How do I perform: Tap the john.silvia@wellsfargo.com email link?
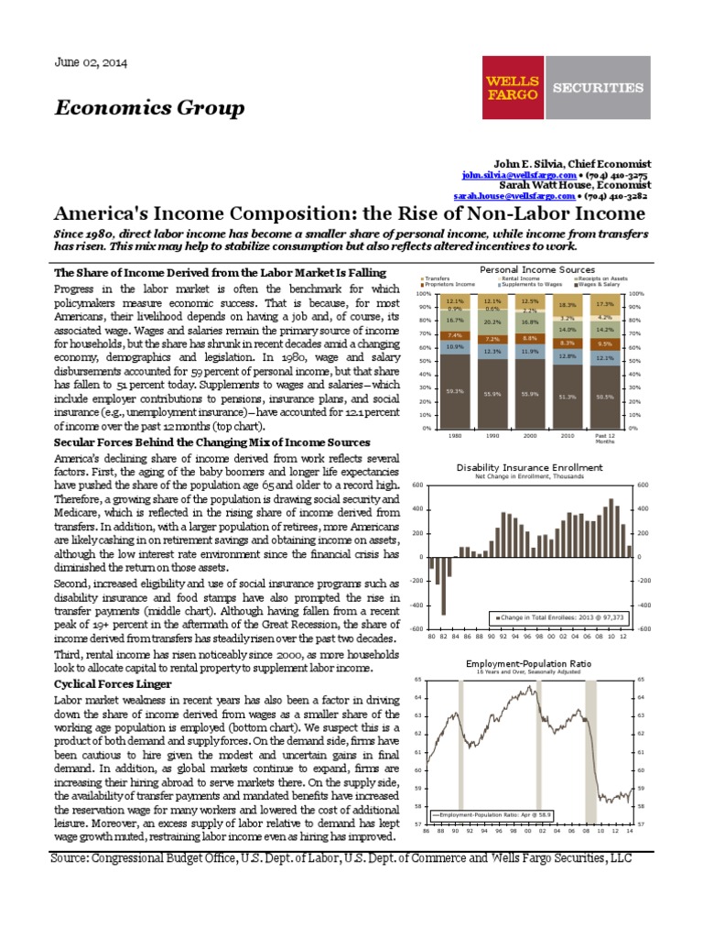pos(519,174)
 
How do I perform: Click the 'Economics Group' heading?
pos(150,109)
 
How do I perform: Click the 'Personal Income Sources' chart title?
pos(537,269)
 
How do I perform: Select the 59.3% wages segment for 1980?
pos(455,391)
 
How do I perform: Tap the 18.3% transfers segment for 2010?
pos(566,304)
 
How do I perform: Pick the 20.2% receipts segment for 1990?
pos(492,322)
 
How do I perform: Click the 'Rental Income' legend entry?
pos(520,278)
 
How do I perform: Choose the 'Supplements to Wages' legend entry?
pos(530,285)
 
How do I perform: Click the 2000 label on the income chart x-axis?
pos(529,436)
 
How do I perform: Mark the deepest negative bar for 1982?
pos(443,586)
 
